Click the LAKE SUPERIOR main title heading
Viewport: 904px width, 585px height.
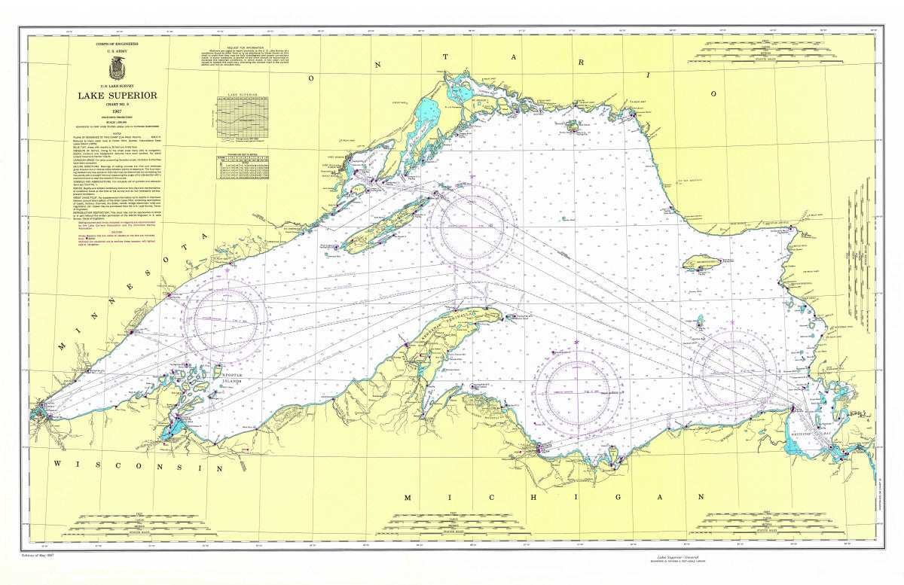[x=118, y=96]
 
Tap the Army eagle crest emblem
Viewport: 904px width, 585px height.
[x=117, y=70]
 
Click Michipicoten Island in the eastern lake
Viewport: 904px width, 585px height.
[x=708, y=263]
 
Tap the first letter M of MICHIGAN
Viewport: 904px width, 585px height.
[x=408, y=498]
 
